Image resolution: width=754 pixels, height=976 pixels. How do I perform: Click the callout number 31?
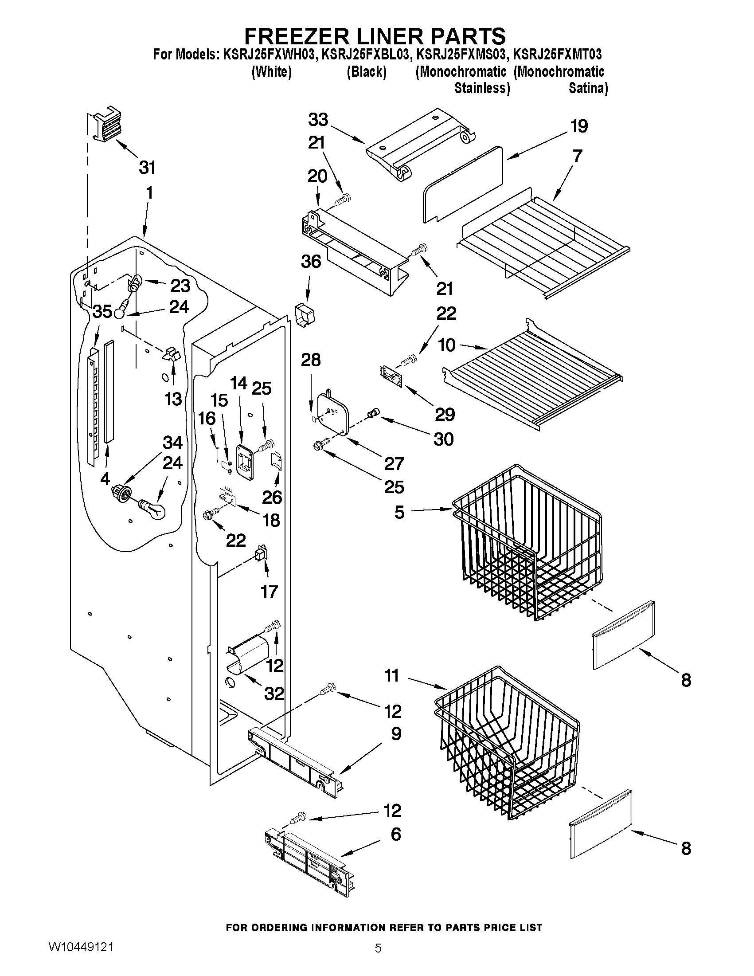pyautogui.click(x=147, y=168)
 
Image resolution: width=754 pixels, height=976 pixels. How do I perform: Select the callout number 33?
pyautogui.click(x=318, y=120)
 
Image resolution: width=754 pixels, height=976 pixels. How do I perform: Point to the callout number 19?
pyautogui.click(x=579, y=126)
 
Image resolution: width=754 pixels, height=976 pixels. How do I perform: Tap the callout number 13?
pyautogui.click(x=173, y=399)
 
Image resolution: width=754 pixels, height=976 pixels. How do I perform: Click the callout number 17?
pyautogui.click(x=270, y=592)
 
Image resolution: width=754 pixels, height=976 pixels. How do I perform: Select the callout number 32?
pyautogui.click(x=274, y=694)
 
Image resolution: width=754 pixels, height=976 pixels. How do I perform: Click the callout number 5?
pyautogui.click(x=399, y=512)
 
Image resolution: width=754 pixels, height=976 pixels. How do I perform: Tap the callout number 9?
pyautogui.click(x=396, y=734)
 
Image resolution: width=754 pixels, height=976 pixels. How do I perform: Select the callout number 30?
pyautogui.click(x=444, y=439)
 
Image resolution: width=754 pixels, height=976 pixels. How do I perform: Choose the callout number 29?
pyautogui.click(x=445, y=415)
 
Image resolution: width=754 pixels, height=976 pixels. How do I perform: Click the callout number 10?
pyautogui.click(x=447, y=345)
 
